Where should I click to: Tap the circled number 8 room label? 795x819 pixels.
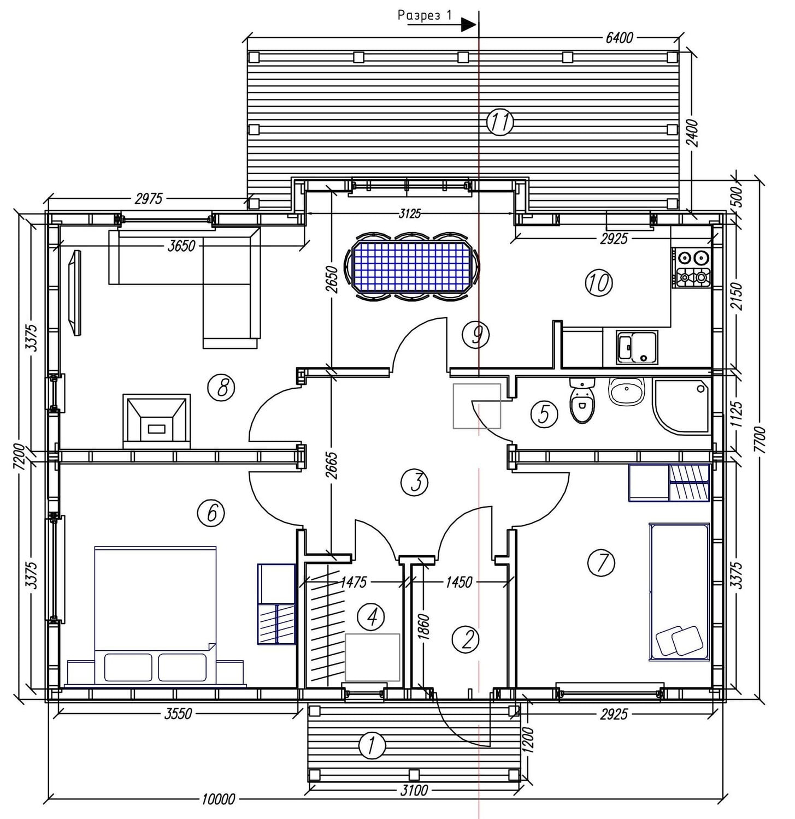(221, 388)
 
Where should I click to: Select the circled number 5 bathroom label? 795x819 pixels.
(544, 413)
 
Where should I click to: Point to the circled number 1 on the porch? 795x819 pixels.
(372, 745)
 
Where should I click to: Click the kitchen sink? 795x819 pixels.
(637, 347)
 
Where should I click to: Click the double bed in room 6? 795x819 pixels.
(155, 614)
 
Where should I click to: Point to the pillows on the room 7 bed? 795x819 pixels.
(679, 640)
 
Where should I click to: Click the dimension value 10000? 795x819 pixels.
(218, 799)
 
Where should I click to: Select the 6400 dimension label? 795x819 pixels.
(619, 38)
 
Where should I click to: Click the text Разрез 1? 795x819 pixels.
(425, 15)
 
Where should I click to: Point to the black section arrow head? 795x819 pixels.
(469, 25)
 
